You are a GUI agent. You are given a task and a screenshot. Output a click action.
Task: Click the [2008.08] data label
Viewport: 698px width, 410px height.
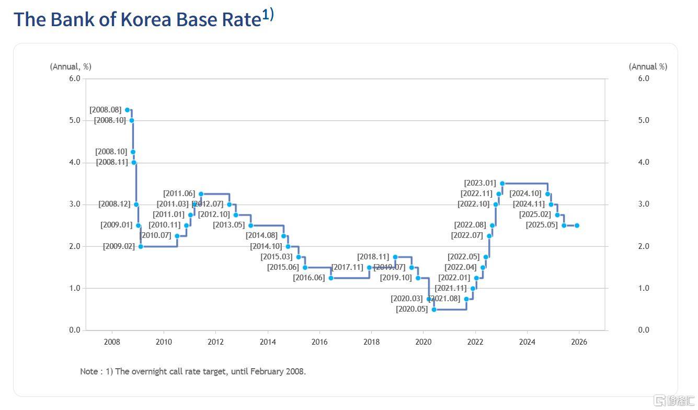106,110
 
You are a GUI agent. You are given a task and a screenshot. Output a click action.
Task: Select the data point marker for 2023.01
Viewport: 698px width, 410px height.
502,184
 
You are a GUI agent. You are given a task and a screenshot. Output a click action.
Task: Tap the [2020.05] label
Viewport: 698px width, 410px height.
412,309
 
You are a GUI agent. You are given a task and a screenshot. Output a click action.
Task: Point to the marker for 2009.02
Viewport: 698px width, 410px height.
141,246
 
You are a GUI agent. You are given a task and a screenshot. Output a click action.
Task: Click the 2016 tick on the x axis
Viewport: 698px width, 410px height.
319,342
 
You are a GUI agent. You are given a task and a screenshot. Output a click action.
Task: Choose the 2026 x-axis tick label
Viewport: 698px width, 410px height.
579,342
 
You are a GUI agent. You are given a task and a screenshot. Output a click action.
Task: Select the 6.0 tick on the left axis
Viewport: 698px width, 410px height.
75,78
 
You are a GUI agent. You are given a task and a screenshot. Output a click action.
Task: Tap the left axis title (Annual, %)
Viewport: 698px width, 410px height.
71,66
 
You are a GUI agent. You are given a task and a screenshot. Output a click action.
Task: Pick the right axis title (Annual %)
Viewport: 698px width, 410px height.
648,66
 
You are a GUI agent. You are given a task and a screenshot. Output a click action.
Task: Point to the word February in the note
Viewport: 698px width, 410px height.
266,371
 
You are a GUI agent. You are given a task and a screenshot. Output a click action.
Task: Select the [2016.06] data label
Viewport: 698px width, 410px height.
309,278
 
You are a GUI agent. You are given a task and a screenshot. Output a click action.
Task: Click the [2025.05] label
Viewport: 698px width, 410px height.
542,225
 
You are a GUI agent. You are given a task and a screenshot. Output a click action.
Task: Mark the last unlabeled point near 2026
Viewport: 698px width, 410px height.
577,225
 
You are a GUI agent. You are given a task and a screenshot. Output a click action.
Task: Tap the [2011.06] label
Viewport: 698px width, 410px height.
179,193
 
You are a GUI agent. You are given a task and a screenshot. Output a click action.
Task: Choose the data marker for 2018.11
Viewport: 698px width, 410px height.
395,257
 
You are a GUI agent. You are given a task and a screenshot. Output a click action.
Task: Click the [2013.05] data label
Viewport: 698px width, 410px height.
229,225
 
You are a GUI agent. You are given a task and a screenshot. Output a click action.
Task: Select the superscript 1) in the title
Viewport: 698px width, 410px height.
268,15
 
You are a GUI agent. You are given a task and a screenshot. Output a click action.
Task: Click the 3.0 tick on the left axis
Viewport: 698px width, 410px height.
75,204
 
